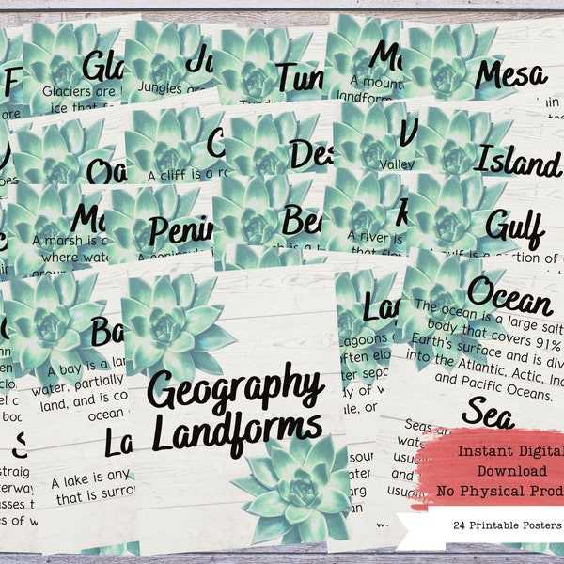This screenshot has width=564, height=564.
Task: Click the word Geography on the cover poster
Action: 235,387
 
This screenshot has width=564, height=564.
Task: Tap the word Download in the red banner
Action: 502,469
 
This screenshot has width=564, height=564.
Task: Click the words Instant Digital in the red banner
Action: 508,450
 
